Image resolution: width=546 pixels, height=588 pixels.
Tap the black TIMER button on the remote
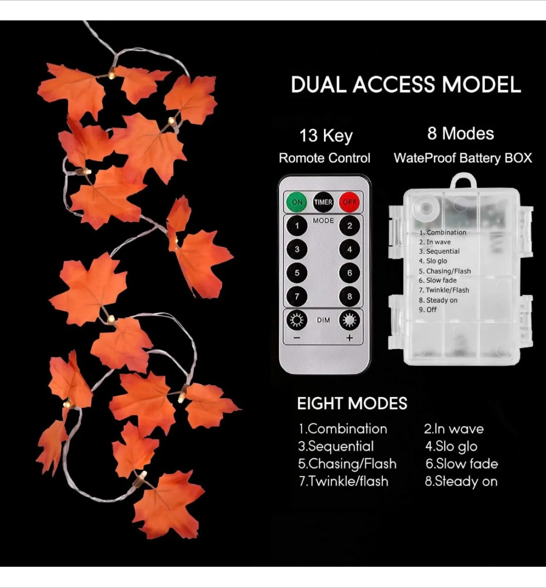pos(323,202)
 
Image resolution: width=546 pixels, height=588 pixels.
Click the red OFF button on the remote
pos(350,202)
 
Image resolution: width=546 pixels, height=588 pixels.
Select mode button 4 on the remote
pos(349,249)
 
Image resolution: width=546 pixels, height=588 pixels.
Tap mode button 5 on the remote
pos(297,273)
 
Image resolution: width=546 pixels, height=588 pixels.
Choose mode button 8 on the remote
pos(349,296)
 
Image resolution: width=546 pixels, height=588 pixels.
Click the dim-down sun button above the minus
pos(297,320)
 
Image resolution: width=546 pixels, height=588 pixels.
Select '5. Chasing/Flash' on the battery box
pos(444,271)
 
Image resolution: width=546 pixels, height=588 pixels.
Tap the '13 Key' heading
pos(326,136)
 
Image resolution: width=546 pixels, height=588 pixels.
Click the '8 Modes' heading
pos(460,134)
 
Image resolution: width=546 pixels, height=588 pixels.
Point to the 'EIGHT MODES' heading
pos(352,403)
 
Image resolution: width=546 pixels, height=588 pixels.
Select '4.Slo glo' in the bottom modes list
pos(451,446)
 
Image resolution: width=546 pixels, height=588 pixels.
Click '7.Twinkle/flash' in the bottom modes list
pos(343,481)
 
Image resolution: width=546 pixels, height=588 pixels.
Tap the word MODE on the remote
pos(323,220)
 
